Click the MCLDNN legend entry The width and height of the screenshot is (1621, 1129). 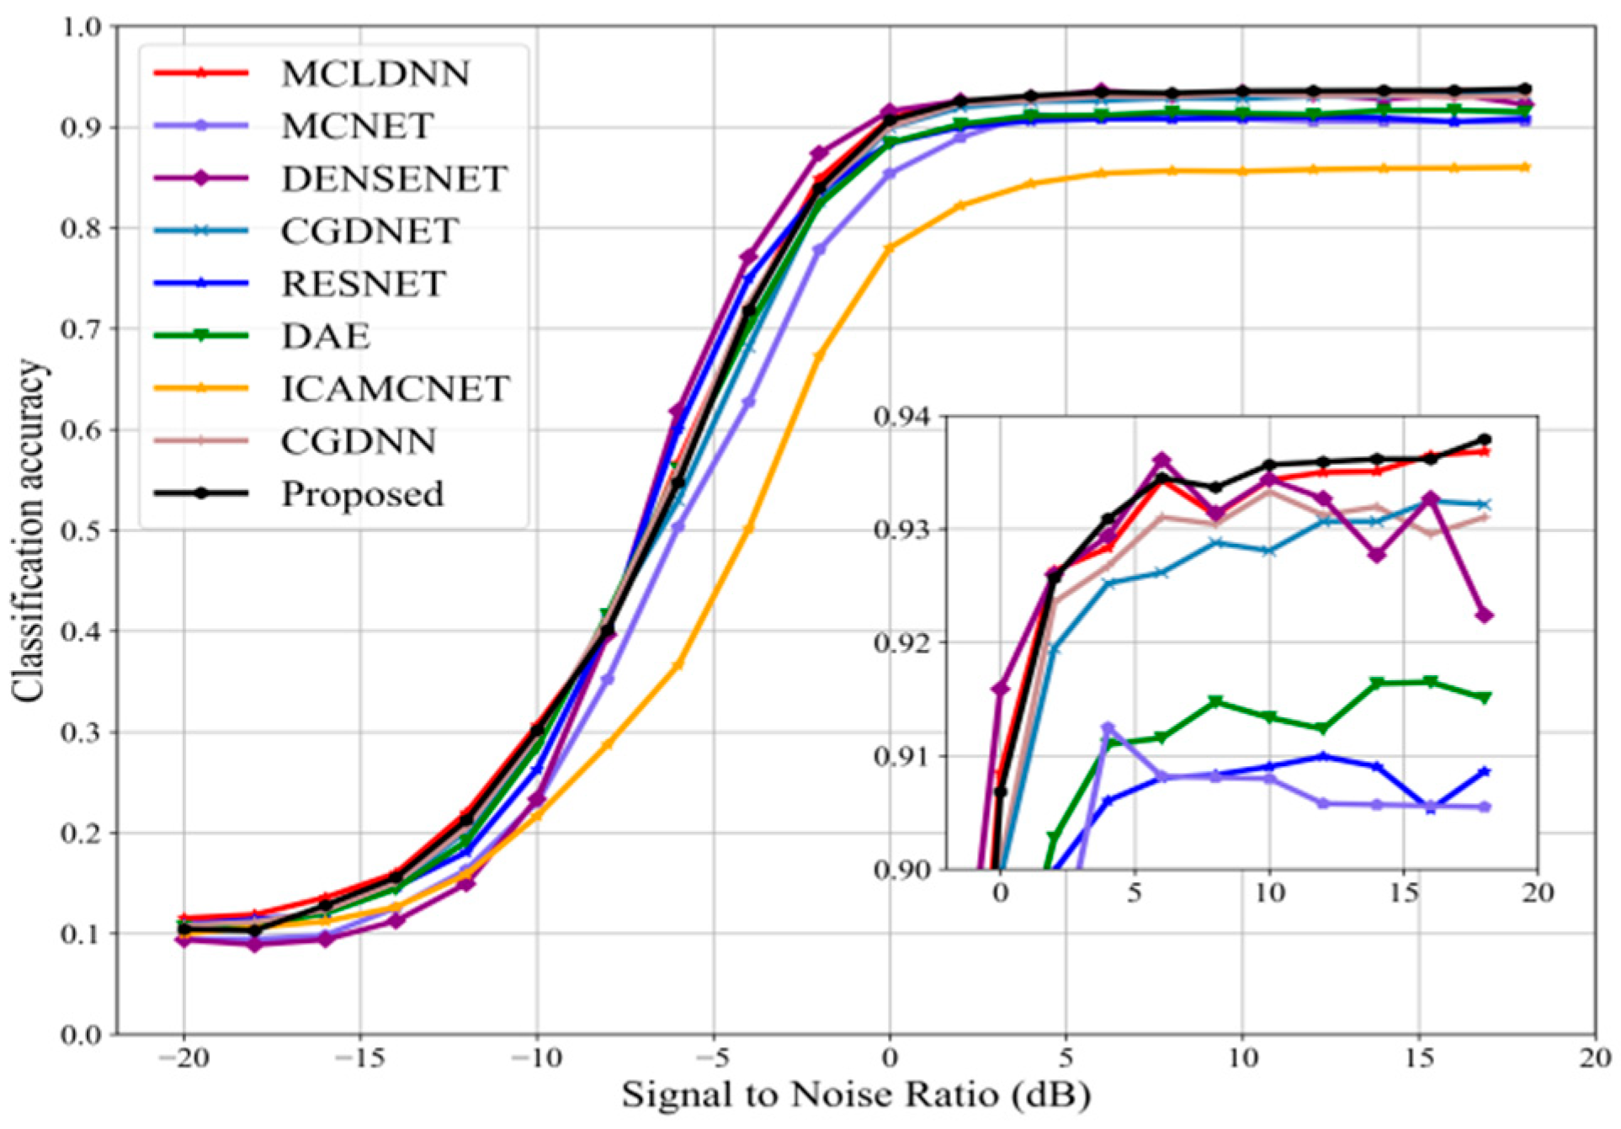375,74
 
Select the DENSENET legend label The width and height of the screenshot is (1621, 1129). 394,179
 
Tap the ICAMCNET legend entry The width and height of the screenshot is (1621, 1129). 396,389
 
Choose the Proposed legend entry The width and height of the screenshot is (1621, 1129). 362,494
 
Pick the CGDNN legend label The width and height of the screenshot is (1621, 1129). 359,442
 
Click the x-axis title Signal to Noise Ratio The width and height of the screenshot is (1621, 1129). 856,1095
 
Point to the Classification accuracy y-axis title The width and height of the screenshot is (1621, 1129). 27,530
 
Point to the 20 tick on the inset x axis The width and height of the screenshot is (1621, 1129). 1537,893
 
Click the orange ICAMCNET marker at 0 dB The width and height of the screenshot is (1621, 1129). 890,248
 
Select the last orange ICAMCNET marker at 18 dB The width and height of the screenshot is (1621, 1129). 1525,168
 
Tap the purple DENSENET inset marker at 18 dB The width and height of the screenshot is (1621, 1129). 1485,615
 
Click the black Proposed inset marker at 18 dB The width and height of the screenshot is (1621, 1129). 1485,439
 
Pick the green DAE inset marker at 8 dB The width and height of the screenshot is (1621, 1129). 1215,701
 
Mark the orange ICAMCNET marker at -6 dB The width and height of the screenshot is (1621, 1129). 678,665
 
